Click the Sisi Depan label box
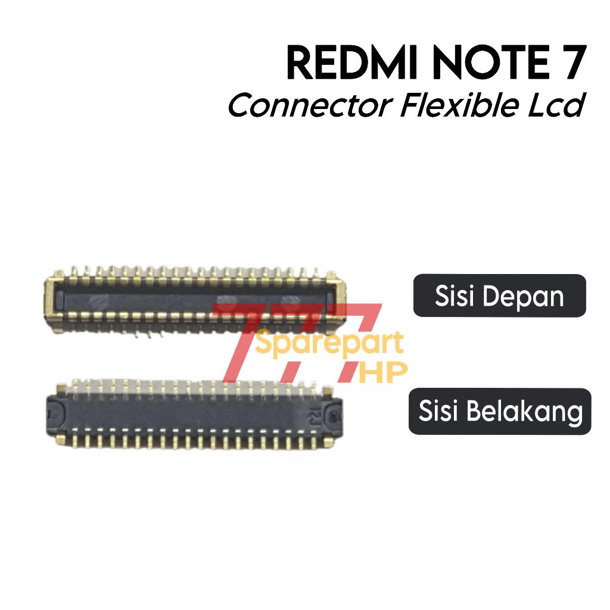499,295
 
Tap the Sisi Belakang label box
499,411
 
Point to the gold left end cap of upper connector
54,298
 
